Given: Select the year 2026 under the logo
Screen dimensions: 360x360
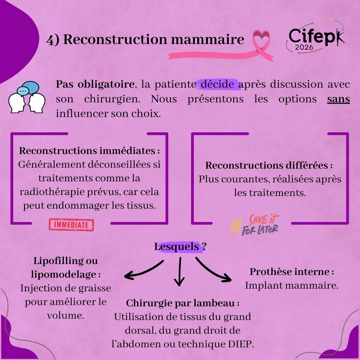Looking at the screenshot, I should click(x=304, y=47).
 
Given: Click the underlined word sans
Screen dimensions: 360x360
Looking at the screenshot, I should click(x=338, y=99).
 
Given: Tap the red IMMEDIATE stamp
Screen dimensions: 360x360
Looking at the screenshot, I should click(x=71, y=225).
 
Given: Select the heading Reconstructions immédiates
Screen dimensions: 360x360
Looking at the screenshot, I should click(x=89, y=151).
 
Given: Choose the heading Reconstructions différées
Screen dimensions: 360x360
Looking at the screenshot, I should click(x=269, y=165).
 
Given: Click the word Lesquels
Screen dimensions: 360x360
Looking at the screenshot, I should click(x=177, y=247).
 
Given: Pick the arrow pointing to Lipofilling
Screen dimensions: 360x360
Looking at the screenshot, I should click(x=143, y=270).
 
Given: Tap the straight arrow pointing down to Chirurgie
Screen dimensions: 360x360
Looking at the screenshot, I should click(x=180, y=272).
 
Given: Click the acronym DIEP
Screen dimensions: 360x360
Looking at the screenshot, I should click(x=241, y=344).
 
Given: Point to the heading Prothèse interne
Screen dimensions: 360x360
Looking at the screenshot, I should click(x=292, y=272).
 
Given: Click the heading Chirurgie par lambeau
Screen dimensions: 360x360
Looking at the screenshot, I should click(x=183, y=303).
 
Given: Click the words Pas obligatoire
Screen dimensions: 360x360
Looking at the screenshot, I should click(x=95, y=84).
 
